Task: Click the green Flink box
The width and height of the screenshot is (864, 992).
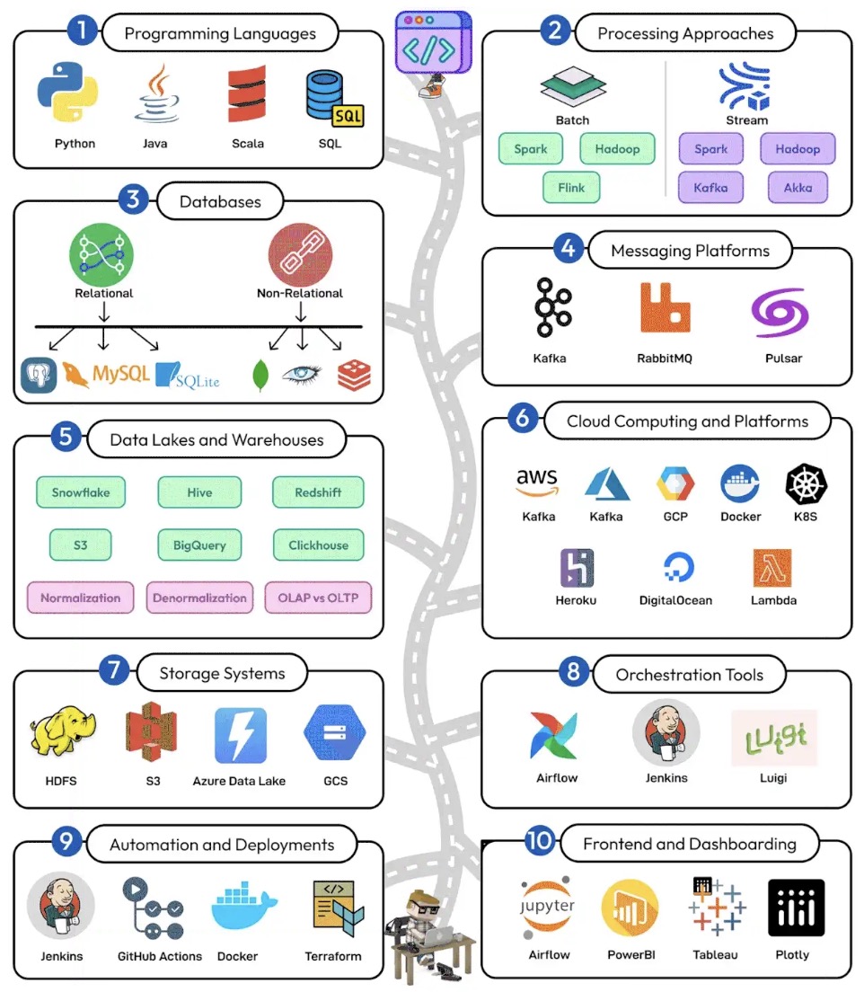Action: point(571,188)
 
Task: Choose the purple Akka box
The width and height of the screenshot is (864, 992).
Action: point(798,188)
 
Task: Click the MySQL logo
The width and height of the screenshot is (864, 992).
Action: point(106,373)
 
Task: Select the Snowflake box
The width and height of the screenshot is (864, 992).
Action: point(80,492)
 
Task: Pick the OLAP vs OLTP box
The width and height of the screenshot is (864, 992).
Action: point(318,598)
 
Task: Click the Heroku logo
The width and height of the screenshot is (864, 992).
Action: point(577,569)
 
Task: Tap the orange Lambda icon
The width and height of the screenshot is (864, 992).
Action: point(772,568)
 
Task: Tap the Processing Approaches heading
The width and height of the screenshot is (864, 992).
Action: point(685,34)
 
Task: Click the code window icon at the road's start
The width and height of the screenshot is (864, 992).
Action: point(433,42)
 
